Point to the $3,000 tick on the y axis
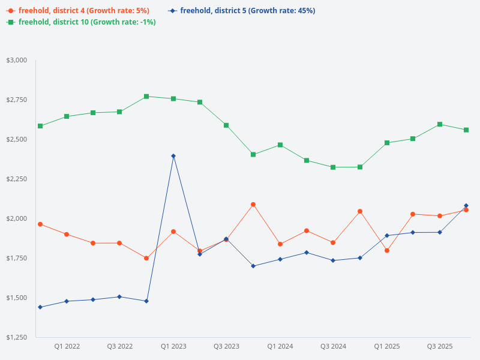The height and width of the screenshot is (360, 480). click(17, 60)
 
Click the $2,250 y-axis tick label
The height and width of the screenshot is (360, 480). click(17, 179)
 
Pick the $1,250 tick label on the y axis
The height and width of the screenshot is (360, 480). click(17, 337)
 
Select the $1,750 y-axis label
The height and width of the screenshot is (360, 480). click(17, 258)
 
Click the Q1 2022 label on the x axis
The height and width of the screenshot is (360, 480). click(67, 346)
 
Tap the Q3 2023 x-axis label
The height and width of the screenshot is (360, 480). click(226, 346)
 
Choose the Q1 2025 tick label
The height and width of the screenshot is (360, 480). click(387, 346)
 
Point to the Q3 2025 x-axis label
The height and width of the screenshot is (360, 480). click(440, 346)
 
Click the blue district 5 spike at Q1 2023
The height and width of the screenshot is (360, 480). click(173, 156)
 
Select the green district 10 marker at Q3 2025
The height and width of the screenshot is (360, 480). click(440, 124)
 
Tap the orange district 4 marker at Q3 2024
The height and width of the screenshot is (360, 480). click(333, 242)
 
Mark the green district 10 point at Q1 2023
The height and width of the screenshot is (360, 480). click(173, 98)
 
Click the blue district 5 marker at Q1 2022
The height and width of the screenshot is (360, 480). click(67, 301)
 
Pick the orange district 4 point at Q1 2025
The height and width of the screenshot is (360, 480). click(387, 251)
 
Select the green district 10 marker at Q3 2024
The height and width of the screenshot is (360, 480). click(333, 167)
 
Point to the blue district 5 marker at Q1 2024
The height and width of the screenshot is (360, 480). click(280, 259)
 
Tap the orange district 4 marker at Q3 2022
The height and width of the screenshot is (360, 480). click(119, 243)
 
